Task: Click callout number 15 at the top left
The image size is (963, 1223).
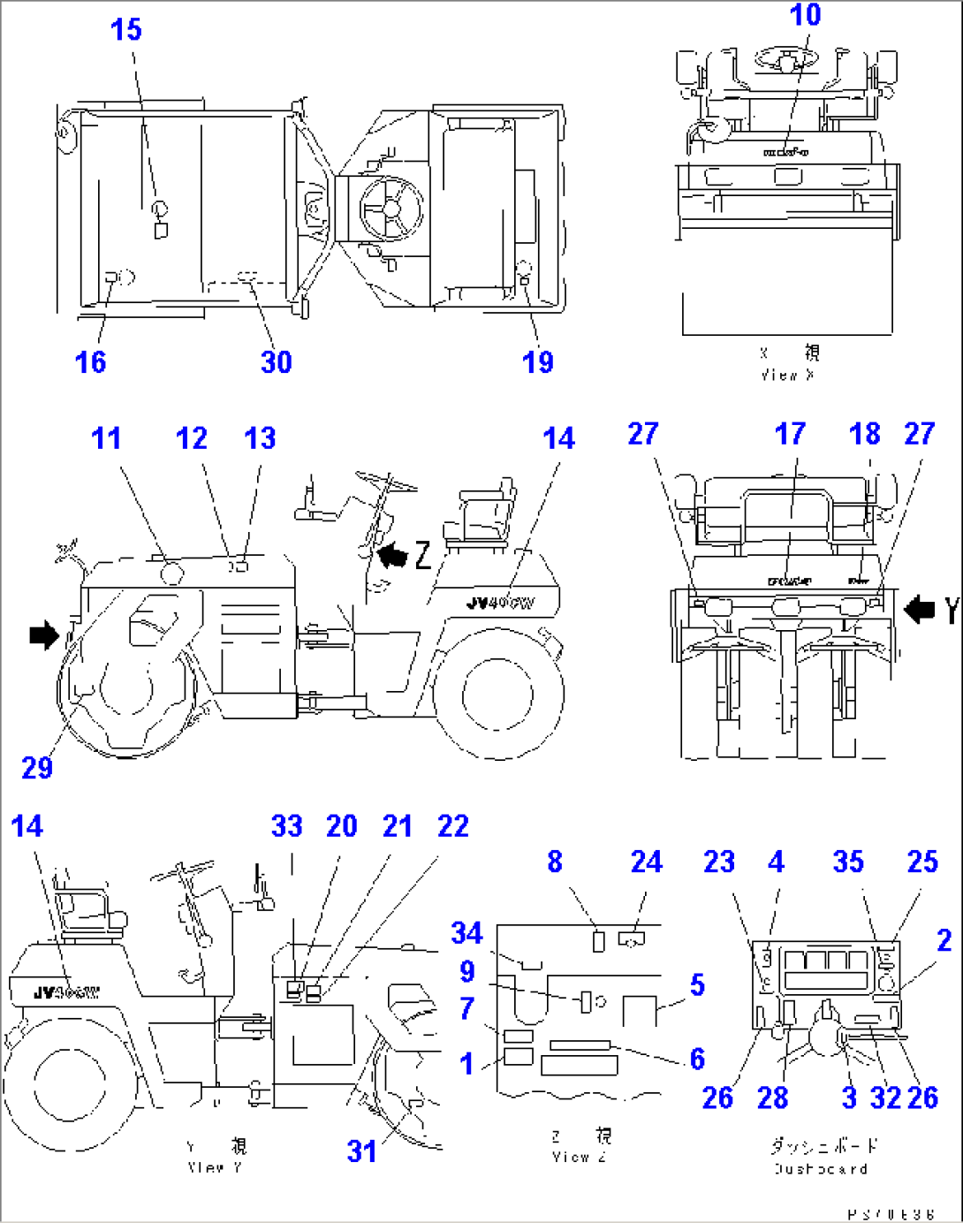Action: [x=125, y=29]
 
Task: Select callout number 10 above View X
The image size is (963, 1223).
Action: [x=805, y=15]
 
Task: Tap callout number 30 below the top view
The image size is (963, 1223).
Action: [x=276, y=361]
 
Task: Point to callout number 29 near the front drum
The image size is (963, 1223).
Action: [x=37, y=767]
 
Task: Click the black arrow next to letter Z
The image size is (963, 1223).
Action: [x=392, y=556]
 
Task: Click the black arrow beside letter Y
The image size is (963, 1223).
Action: [x=919, y=609]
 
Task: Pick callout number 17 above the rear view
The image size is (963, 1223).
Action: [x=790, y=433]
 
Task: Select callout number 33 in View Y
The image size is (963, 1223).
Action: [x=287, y=826]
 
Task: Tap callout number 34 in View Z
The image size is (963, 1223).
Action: [x=466, y=932]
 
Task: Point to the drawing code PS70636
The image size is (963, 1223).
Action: [x=891, y=1214]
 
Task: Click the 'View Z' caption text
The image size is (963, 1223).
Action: [x=579, y=1157]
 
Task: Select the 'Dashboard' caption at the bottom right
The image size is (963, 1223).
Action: [x=821, y=1168]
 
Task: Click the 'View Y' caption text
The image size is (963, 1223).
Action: [x=215, y=1167]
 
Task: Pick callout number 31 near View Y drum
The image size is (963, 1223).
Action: [x=361, y=1151]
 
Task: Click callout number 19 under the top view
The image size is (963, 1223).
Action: [x=537, y=361]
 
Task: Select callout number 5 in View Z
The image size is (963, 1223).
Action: [x=697, y=984]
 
